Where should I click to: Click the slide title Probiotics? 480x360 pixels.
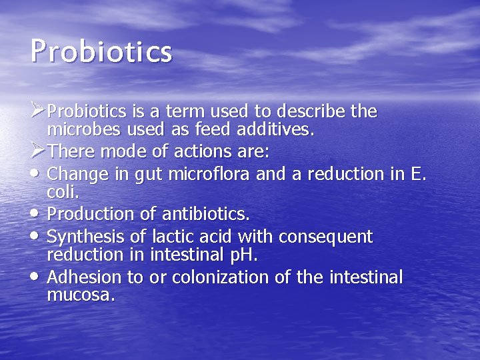pyautogui.click(x=101, y=52)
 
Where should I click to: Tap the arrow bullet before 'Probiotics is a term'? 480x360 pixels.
pyautogui.click(x=39, y=107)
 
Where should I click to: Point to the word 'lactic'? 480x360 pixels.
pyautogui.click(x=174, y=236)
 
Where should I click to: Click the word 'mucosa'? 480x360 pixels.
pyautogui.click(x=81, y=295)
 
